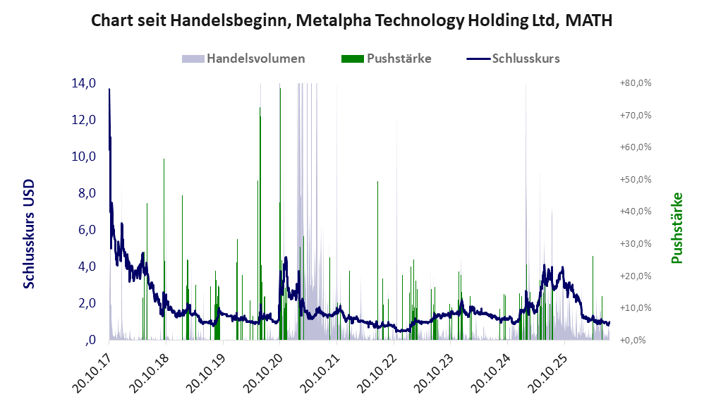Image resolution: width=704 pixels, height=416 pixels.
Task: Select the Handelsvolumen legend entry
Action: [243, 59]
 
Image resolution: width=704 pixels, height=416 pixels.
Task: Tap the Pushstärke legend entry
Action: [386, 59]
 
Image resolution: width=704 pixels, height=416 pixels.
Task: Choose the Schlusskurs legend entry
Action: [513, 59]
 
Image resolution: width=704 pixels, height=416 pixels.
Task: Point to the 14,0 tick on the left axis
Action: [83, 83]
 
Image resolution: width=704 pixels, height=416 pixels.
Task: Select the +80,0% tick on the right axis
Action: [636, 83]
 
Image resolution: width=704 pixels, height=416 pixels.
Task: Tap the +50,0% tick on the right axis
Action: [636, 180]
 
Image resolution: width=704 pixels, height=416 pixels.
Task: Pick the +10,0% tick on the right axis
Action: [636, 308]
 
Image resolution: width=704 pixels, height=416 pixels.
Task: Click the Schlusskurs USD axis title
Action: [29, 234]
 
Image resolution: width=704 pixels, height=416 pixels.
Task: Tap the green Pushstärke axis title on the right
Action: [676, 228]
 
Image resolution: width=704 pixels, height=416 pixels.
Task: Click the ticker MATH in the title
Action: [588, 20]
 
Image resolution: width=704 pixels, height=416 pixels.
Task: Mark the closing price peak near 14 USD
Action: [109, 89]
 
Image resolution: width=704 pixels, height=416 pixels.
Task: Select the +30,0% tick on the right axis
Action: [636, 244]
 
